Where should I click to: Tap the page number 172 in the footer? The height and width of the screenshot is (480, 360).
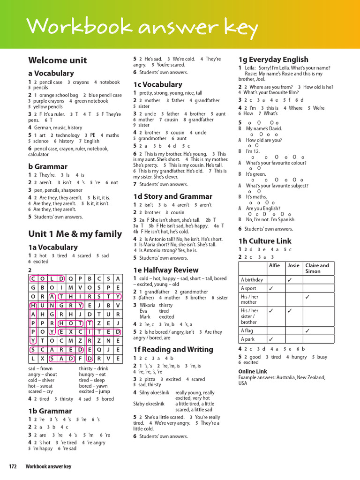tap(13, 466)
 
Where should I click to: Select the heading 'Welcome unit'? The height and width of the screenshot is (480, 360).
tap(57, 60)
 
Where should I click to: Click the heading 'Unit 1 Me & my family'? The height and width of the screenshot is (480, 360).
tap(75, 233)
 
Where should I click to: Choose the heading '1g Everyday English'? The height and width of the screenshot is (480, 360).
tap(273, 60)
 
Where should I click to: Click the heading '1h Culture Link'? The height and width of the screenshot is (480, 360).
tap(265, 241)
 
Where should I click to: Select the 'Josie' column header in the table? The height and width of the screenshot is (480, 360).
tap(293, 265)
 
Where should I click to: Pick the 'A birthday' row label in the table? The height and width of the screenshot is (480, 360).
tap(252, 280)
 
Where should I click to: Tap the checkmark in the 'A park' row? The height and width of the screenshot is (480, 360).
tap(271, 339)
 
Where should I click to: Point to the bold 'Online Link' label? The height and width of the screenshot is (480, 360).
tap(253, 371)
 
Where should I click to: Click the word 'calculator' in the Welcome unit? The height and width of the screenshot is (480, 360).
tap(38, 154)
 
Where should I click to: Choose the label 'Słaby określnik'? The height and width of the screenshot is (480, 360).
tap(149, 404)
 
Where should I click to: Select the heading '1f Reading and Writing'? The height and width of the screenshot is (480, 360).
tap(172, 349)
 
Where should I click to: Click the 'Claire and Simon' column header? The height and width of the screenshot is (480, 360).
tap(317, 268)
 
